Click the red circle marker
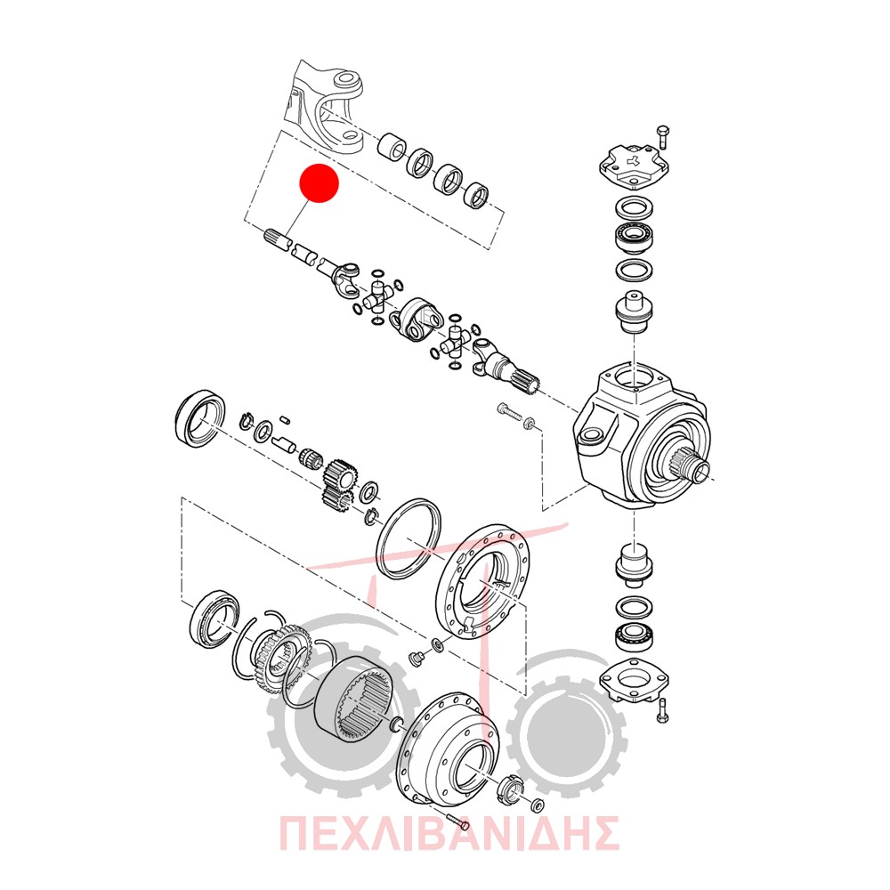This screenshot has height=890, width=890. tap(319, 182)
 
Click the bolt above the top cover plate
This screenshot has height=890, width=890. tap(662, 137)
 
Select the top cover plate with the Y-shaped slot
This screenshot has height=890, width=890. tap(634, 166)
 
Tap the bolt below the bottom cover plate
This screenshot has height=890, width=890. tap(662, 710)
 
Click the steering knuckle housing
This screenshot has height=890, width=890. tap(642, 437)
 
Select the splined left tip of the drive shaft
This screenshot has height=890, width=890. tap(277, 239)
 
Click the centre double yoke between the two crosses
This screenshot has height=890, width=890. tap(416, 320)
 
